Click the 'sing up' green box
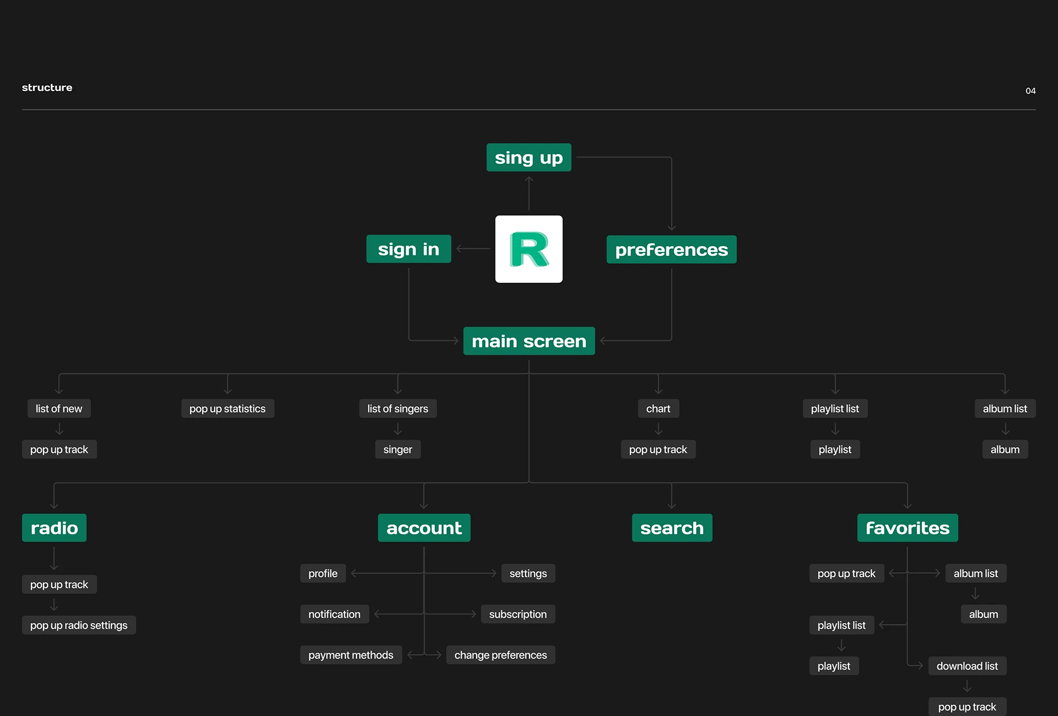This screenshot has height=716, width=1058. pos(528,158)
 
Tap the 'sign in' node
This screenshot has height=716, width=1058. pos(408,249)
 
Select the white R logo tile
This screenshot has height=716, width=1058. pos(529,249)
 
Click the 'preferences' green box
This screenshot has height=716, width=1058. pos(671,249)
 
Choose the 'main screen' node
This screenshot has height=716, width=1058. pos(529,341)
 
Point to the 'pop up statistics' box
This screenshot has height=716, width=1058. pos(228,408)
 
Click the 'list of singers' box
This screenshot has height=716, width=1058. pos(398,408)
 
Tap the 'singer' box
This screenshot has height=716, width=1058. pos(398,449)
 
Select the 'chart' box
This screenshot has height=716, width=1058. pos(658,408)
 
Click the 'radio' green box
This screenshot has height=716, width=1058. pos(54,527)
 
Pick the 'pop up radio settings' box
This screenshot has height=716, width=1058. pos(79,625)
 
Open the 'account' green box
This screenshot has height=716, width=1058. pos(424,527)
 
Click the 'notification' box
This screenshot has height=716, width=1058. pos(334,614)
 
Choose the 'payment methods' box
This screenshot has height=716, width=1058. pos(351,655)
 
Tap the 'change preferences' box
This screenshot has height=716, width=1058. pos(501,655)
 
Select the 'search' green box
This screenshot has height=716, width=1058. pos(672,527)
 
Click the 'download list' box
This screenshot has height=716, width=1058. pos(967,666)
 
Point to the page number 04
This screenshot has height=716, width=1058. pos(1030,91)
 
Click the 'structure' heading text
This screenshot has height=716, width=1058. pos(47,87)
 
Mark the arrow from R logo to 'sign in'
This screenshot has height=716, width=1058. pos(473,249)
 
